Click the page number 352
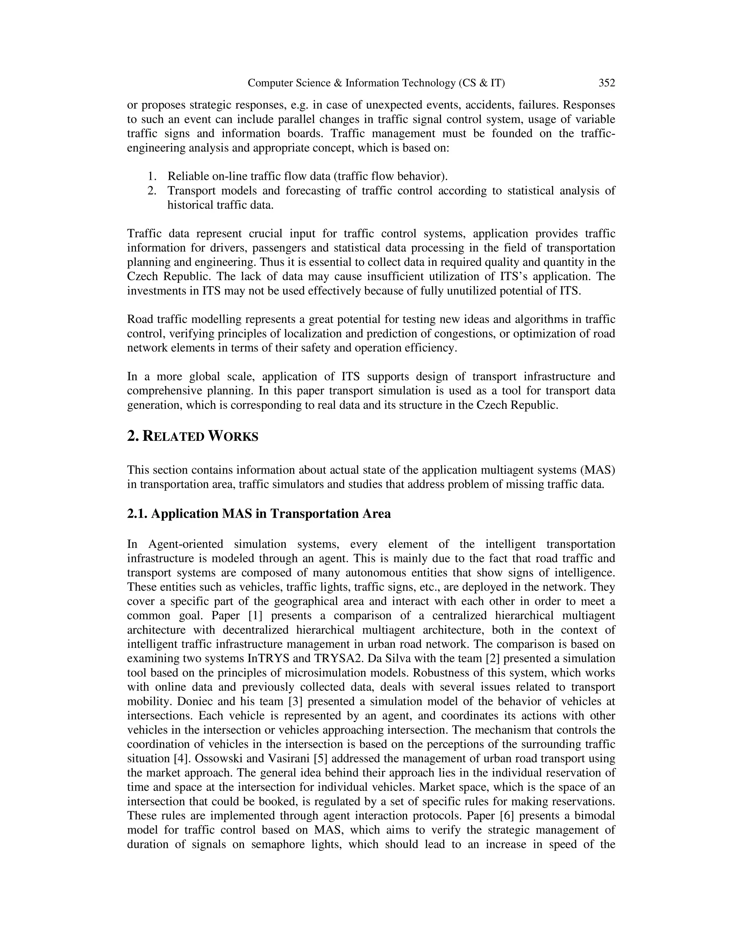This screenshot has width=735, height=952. tap(607, 83)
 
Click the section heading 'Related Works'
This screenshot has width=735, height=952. tap(192, 436)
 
